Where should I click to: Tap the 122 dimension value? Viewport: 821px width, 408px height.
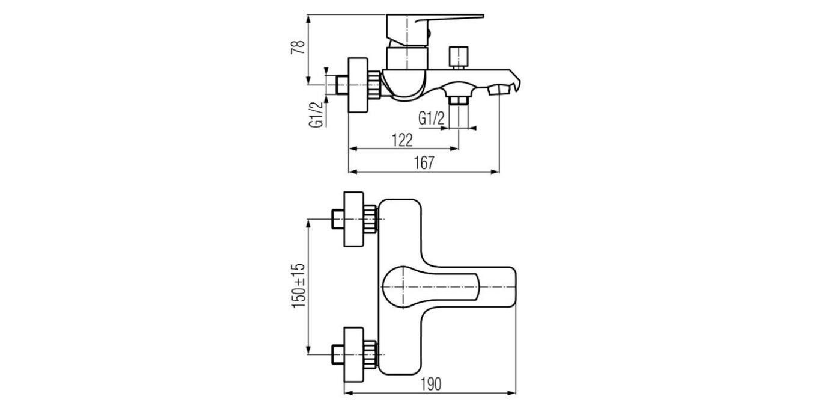(x=402, y=140)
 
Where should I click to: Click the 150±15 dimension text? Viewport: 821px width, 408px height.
(x=298, y=286)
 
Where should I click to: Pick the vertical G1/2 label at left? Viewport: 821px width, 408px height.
(x=315, y=114)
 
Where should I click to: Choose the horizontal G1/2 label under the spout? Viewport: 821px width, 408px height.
(x=431, y=119)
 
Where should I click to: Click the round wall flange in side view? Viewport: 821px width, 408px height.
(x=359, y=84)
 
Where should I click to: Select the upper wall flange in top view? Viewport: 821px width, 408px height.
(x=353, y=219)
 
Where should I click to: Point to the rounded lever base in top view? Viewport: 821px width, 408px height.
(x=400, y=287)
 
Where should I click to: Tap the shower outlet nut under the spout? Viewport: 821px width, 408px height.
(x=459, y=98)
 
